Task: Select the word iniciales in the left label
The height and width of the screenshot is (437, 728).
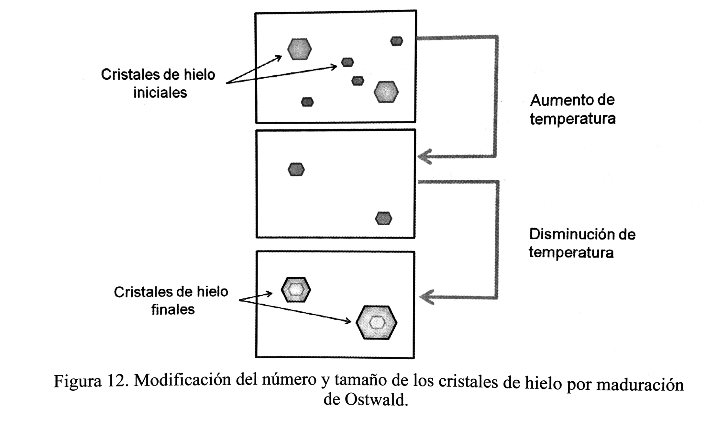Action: coord(160,93)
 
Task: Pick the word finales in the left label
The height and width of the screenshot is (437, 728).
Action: coord(173,310)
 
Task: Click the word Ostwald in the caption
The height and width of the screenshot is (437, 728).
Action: coord(375,400)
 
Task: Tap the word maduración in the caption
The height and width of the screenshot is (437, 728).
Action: coord(640,385)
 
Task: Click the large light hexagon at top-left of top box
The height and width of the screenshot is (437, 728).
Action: coord(299,49)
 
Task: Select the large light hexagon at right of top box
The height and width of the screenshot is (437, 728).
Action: coord(386,92)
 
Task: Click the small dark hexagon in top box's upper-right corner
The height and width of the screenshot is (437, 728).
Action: coord(396,41)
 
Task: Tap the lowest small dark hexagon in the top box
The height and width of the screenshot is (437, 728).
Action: coord(307,102)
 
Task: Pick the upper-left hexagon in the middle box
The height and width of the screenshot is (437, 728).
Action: coord(296,169)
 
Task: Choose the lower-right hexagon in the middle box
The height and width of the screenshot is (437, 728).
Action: coord(383,218)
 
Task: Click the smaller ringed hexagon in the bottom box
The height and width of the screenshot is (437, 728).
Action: coord(296,290)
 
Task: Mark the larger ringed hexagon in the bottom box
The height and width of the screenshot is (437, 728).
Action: coord(376,322)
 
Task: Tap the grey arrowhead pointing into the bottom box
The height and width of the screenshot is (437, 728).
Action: coord(426,297)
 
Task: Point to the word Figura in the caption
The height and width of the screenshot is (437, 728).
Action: coord(77,381)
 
